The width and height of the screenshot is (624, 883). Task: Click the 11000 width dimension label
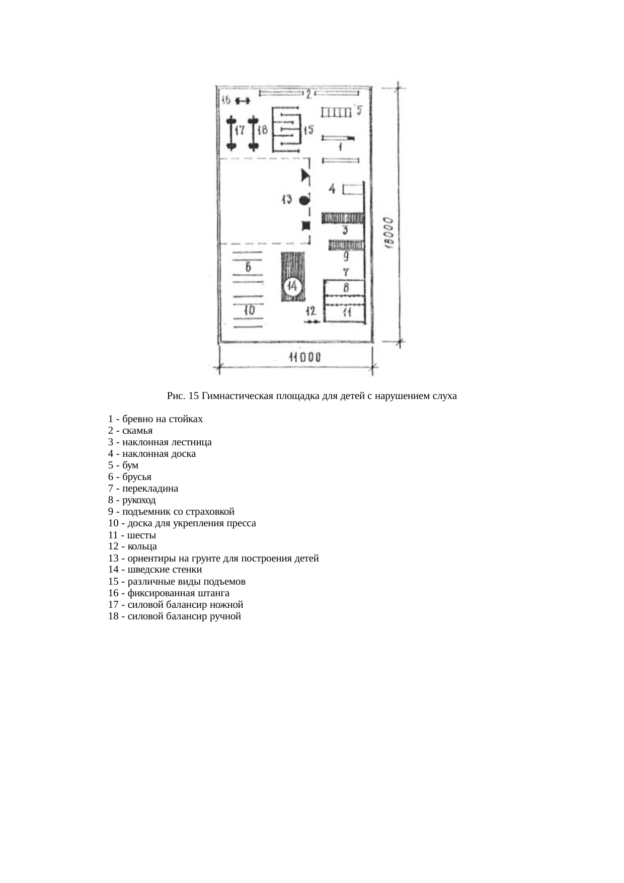coord(304,358)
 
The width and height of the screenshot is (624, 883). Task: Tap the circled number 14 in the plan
coord(292,287)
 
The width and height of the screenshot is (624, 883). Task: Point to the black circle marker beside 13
coord(304,200)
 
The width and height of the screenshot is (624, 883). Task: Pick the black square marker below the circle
coord(305,225)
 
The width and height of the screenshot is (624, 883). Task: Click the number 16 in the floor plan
coord(225,100)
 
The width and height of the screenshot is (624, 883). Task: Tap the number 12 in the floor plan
coord(310,310)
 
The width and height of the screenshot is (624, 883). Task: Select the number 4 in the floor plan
coord(332,189)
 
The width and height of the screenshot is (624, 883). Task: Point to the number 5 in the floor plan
coord(359,110)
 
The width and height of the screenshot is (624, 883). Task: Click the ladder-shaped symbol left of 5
coord(336,112)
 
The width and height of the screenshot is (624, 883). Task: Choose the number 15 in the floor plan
coord(308,130)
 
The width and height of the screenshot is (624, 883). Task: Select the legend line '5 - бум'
coord(123,465)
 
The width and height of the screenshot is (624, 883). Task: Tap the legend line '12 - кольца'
coord(132,546)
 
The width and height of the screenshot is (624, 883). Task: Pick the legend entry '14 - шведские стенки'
coord(155,570)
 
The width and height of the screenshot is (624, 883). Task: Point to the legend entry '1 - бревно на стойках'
coord(155,419)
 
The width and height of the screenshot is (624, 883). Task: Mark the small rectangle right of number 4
coord(353,189)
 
